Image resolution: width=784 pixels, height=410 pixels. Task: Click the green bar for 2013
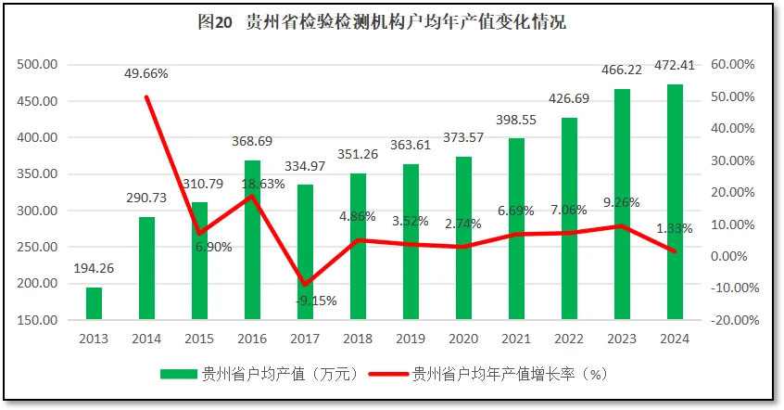point(94,303)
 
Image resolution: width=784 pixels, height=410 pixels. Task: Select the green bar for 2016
point(252,240)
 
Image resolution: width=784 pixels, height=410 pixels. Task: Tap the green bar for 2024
point(675,202)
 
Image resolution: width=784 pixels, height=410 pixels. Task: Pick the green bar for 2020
point(463,238)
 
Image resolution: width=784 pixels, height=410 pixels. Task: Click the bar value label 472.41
point(675,68)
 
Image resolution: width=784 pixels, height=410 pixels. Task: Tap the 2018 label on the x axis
point(358,338)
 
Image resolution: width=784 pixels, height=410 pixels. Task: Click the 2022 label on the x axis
point(569,338)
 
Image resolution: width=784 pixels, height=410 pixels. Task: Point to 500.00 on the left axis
point(38,64)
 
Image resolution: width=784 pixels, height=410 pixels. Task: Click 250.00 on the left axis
point(38,247)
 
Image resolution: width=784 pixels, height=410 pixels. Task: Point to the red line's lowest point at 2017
point(305,284)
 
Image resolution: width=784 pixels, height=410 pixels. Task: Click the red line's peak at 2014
point(146,96)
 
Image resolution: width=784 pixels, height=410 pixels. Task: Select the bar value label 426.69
point(569,98)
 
